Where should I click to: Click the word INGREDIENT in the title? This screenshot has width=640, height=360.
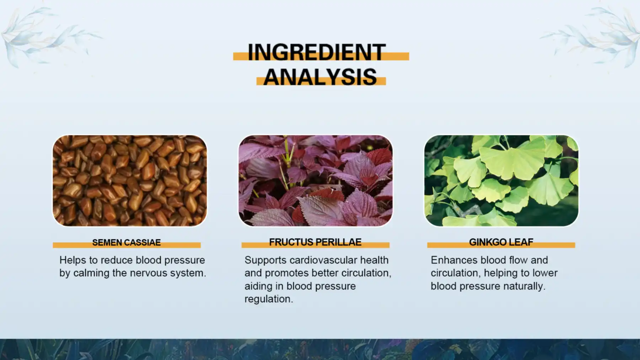click(x=316, y=52)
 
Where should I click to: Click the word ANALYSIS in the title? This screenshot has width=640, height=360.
click(x=320, y=77)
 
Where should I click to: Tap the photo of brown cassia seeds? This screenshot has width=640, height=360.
click(x=130, y=180)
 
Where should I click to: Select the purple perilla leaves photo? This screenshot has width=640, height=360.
click(x=315, y=180)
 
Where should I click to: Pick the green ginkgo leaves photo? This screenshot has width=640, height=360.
click(x=501, y=180)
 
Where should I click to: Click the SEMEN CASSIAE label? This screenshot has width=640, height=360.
click(x=126, y=243)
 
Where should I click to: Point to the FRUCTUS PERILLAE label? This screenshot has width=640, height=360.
click(x=315, y=242)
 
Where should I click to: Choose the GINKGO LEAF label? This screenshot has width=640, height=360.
click(x=501, y=242)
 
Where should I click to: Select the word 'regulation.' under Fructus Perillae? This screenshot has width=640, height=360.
click(x=268, y=299)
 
